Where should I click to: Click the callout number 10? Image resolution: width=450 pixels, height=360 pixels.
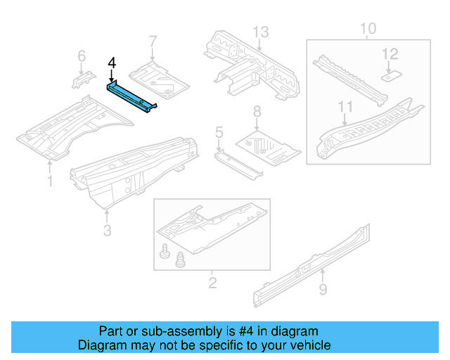coord(368,29)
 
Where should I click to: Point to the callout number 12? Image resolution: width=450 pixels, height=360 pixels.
coord(390,53)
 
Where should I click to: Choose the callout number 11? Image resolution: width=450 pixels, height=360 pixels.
coord(344,106)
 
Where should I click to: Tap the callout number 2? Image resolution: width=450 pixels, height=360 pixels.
coord(212,283)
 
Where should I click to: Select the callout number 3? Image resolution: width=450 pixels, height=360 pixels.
coord(106,231)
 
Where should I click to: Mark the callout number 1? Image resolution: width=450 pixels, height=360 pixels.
coord(49,183)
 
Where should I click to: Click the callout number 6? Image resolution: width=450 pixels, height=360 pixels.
coord(82,56)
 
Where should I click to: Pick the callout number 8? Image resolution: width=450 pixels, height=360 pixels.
coord(257,110)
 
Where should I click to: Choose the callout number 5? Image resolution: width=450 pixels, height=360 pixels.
coord(219,131)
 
